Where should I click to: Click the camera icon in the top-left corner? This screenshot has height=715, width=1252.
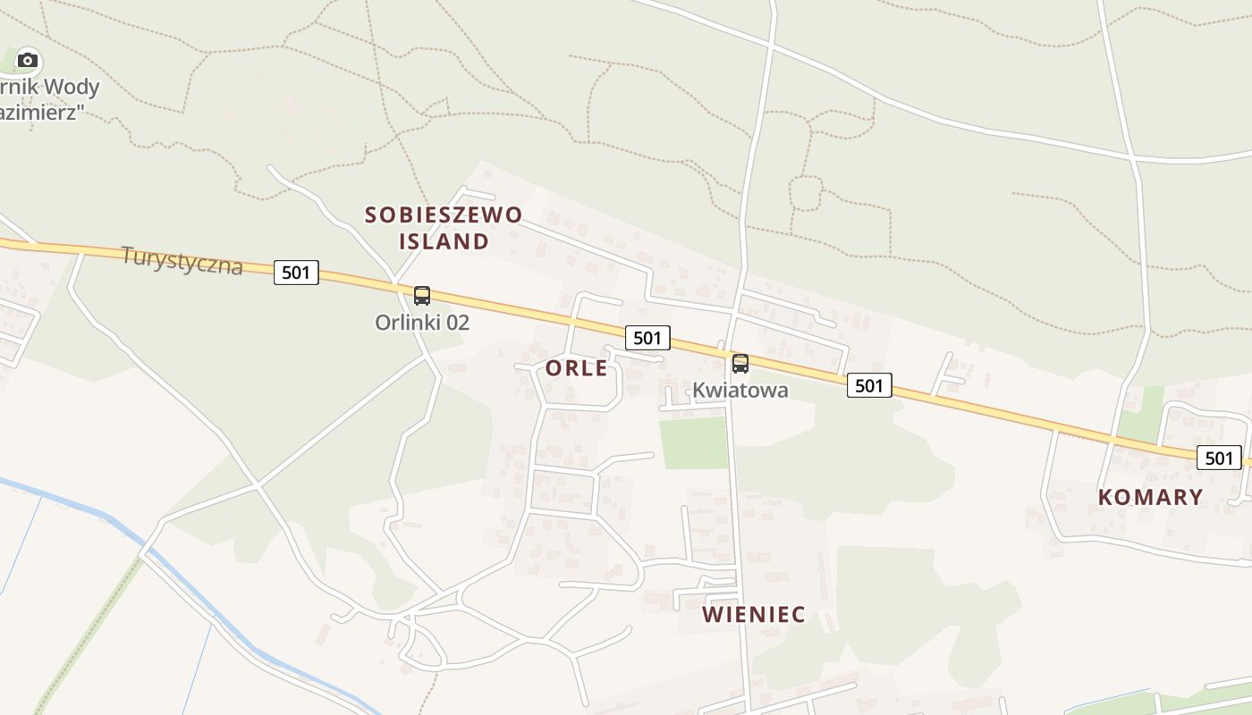tap(28, 61)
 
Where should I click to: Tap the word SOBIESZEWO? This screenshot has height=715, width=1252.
tap(444, 214)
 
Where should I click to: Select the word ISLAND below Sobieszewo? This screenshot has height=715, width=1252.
tap(444, 241)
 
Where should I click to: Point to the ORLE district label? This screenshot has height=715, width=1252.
tap(577, 368)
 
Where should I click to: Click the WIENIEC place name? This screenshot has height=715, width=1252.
tap(753, 615)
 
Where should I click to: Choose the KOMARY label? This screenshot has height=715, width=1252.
tap(1150, 497)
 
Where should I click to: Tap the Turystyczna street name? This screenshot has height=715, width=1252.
tap(182, 260)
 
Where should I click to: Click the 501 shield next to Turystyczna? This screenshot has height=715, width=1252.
tap(296, 273)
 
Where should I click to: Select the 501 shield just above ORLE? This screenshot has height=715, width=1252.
tap(647, 337)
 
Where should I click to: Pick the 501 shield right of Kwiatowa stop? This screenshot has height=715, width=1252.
tap(869, 385)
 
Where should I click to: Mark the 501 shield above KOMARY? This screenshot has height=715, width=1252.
tap(1219, 458)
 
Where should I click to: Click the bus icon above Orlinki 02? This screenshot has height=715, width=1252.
tap(422, 296)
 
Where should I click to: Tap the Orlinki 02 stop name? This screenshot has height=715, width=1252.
tap(422, 323)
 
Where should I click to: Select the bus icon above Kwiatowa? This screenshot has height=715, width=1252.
tap(740, 364)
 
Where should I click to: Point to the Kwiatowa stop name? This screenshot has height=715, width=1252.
tap(740, 391)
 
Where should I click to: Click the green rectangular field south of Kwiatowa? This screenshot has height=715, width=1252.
tap(694, 442)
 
